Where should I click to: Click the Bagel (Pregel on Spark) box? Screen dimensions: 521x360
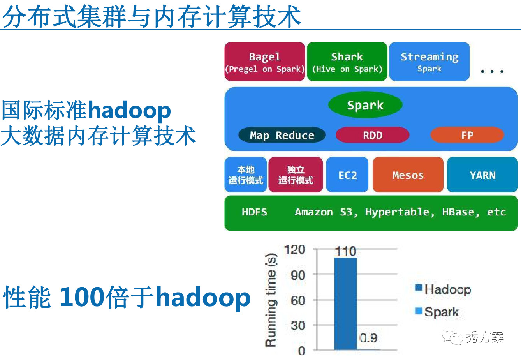click(x=264, y=62)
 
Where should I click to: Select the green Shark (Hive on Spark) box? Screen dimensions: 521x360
click(x=347, y=62)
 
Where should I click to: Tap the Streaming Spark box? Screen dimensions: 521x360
click(x=429, y=62)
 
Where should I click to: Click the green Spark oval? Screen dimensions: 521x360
click(x=365, y=105)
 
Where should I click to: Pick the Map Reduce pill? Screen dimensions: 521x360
click(x=282, y=135)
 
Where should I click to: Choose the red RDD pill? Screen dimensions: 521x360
click(x=373, y=135)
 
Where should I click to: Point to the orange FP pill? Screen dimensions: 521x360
click(x=467, y=135)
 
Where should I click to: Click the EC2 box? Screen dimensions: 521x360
click(x=347, y=175)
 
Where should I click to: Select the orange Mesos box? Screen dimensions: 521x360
click(x=408, y=175)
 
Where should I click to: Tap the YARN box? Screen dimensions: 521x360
click(x=482, y=175)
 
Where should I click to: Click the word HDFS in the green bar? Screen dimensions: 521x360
click(x=254, y=212)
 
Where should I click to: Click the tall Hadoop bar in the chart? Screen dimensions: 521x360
click(x=346, y=304)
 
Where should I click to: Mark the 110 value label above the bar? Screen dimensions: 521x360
click(x=346, y=251)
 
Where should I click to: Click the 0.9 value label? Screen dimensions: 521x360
click(x=368, y=337)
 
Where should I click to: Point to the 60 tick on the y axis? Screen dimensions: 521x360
click(x=298, y=300)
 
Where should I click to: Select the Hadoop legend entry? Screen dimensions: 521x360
click(x=443, y=289)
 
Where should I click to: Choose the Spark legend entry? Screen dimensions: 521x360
click(x=437, y=312)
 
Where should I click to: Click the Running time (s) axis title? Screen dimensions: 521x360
click(x=271, y=300)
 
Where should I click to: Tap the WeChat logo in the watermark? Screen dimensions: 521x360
click(x=452, y=336)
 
